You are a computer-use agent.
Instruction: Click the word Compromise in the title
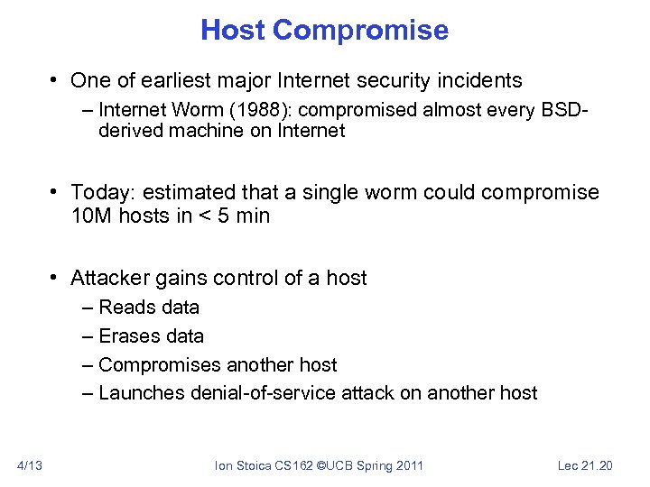point(360,30)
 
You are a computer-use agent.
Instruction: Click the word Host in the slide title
point(233,30)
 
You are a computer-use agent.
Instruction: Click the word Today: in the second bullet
point(101,193)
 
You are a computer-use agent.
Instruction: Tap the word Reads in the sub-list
point(125,307)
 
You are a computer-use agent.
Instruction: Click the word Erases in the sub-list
point(127,335)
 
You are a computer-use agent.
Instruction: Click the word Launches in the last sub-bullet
point(137,393)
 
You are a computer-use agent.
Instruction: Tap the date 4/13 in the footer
point(29,465)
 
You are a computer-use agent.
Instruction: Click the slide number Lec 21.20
point(585,465)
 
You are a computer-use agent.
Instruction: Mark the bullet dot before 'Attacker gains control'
point(56,278)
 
